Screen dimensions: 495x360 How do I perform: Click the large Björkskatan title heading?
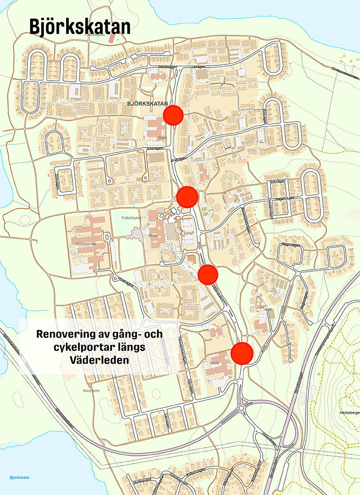point(80,27)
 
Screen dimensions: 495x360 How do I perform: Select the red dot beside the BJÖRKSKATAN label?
point(173,115)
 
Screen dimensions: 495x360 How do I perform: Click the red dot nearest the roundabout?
point(242,352)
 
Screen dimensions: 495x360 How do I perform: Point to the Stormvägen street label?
point(169,67)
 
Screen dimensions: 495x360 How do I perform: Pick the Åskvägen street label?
point(278,182)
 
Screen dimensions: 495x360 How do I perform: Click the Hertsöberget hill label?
point(347,413)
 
